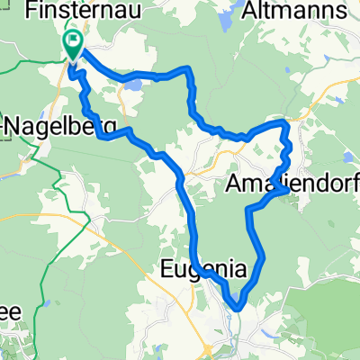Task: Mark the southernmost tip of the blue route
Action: (x=236, y=309)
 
